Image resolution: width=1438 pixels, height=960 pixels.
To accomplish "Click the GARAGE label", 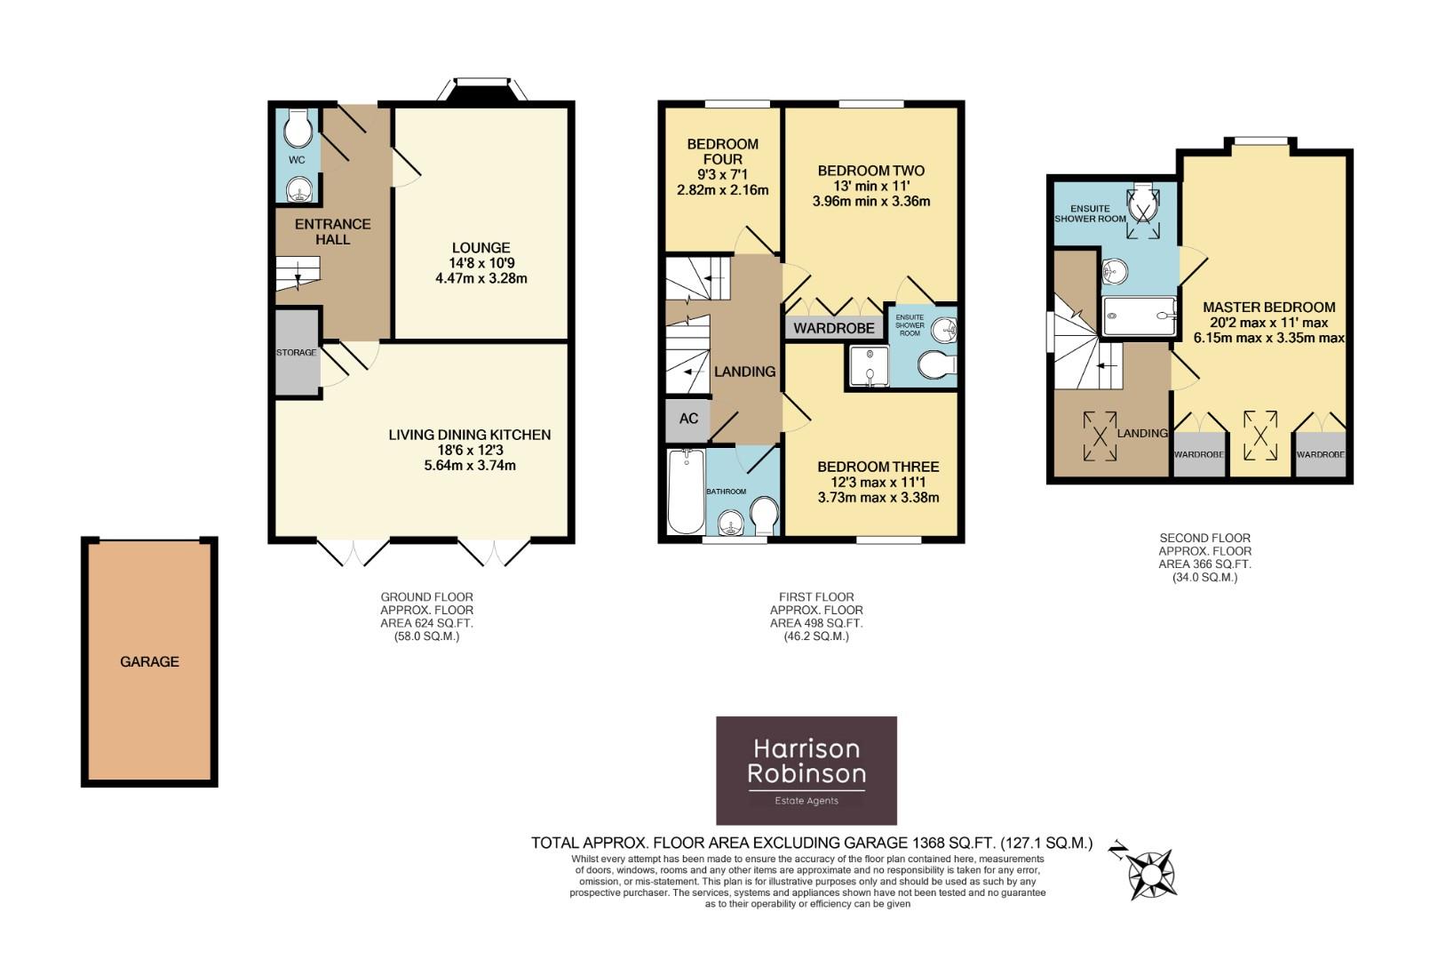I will (149, 661).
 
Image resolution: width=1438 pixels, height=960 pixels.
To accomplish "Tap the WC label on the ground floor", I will (297, 160).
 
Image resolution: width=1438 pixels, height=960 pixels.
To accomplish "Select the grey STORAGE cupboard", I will (297, 352).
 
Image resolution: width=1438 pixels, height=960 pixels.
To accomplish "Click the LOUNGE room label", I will (481, 248).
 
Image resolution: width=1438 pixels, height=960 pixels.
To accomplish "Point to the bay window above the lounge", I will (484, 90).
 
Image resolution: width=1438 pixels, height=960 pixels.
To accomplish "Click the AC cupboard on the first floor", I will (688, 419).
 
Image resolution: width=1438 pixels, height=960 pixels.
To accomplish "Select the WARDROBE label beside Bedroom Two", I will (834, 328).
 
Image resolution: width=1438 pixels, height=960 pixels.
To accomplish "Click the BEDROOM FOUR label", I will (722, 151).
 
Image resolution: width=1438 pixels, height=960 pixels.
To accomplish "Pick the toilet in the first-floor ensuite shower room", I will (937, 365).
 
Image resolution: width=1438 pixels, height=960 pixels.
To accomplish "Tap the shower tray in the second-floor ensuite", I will (1139, 316).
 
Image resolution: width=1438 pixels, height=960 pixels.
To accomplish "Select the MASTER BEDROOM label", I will (1268, 308).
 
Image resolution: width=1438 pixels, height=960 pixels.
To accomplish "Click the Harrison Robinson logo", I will (806, 770).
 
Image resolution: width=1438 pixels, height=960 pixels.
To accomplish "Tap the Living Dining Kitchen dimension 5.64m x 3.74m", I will (470, 466).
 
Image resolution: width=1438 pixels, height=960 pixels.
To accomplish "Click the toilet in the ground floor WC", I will (298, 131).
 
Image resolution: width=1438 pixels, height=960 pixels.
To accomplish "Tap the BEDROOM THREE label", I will (878, 467).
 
